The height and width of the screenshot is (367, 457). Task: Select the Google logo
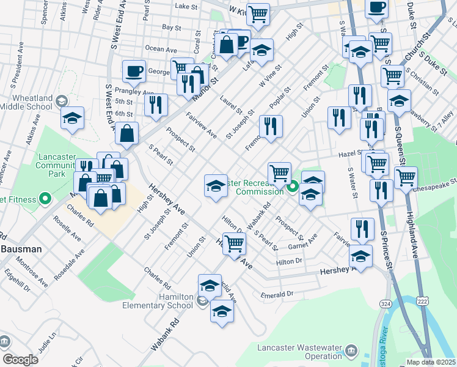20,360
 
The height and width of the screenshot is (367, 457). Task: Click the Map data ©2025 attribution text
431,362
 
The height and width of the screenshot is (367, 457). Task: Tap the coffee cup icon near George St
134,72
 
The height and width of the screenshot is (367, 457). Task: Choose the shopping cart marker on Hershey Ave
235,243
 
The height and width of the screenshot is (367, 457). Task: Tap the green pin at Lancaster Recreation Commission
293,187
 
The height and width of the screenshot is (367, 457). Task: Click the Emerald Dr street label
277,294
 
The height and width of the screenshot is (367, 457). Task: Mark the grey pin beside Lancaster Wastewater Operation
351,350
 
